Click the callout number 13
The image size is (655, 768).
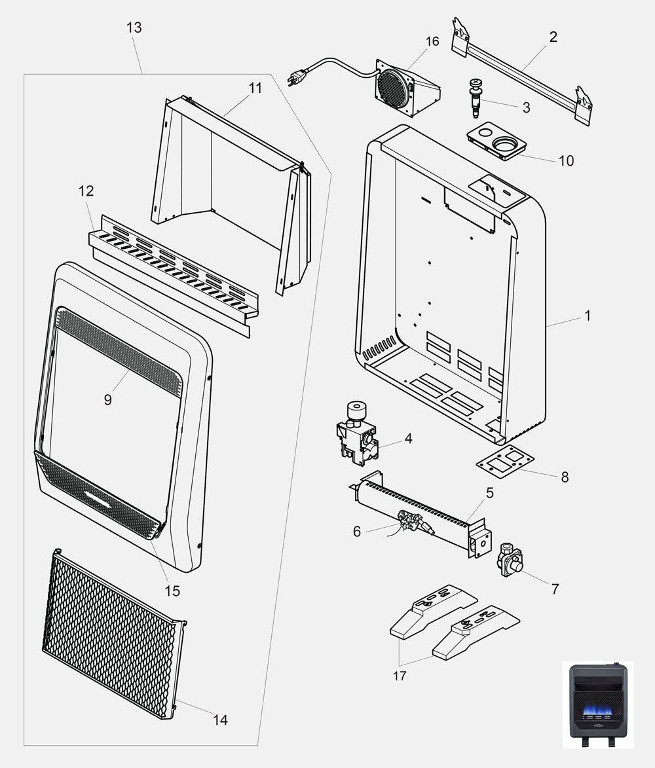point(134,27)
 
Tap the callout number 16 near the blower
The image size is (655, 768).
point(432,42)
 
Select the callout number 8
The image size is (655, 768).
point(565,477)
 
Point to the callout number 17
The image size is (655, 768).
point(400,676)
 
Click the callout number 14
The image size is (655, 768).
point(221,720)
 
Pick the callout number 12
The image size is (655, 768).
point(86,191)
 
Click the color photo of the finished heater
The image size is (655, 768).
point(598,703)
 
